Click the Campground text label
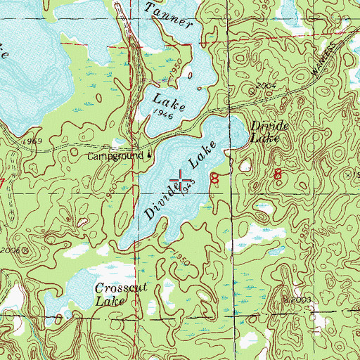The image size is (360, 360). tap(117, 155)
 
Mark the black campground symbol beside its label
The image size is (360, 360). tap(148, 155)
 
